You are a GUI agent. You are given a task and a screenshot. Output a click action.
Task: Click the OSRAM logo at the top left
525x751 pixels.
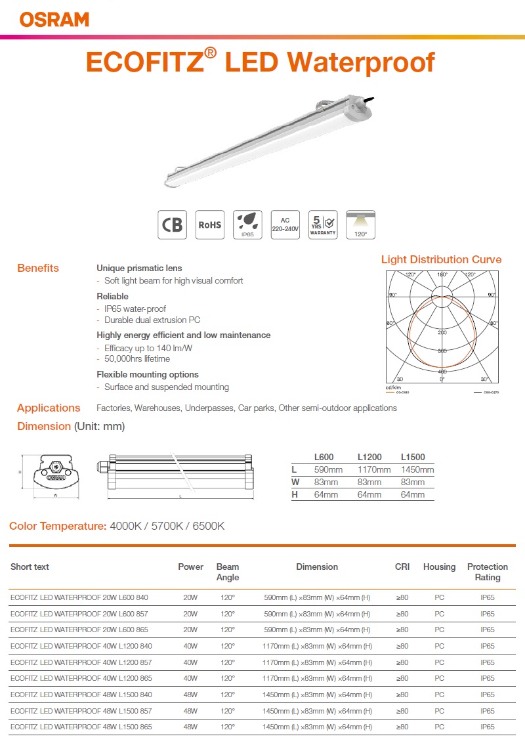pos(54,20)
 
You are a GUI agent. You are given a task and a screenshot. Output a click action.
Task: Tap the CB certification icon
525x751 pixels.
pos(173,225)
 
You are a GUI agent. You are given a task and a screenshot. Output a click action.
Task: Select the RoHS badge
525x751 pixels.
pos(210,225)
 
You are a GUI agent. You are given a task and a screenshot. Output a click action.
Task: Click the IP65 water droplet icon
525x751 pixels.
pos(247,225)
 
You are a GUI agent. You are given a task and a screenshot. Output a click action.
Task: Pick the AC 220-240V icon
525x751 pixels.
pos(285,225)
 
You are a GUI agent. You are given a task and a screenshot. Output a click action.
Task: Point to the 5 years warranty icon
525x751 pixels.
pos(323,225)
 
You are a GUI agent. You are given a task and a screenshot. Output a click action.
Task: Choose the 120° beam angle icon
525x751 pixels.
pos(361,225)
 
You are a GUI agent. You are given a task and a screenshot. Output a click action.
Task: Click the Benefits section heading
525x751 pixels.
pos(38,268)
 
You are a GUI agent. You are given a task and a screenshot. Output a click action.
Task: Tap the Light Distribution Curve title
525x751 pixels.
pos(441,259)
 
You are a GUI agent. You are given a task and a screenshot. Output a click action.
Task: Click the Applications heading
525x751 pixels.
pos(49,408)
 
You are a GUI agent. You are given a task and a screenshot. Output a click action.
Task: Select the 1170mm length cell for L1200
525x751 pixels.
pos(374,469)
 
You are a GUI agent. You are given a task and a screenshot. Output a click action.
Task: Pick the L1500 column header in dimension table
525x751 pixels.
pos(413,457)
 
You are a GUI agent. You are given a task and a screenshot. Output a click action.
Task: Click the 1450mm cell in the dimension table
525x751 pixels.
pos(417,469)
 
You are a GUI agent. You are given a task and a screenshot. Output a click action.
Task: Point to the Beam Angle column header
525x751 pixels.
pos(228,572)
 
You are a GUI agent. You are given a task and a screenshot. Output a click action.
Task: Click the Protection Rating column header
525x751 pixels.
pos(487,572)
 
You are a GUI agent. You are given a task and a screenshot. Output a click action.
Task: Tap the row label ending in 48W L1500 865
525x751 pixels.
pos(81,727)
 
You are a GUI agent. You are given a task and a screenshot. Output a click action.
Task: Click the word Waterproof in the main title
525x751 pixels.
pos(363,62)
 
